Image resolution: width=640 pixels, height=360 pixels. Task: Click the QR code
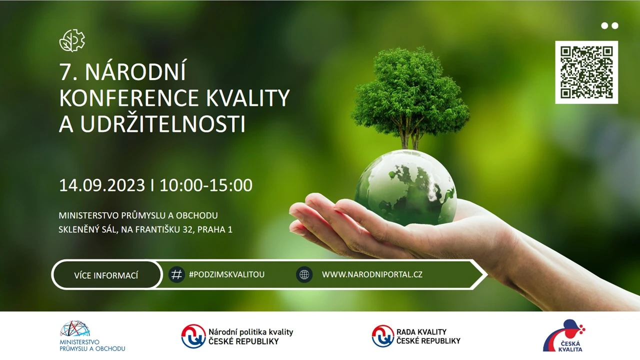coord(586,72)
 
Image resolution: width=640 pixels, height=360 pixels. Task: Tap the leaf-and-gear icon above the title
coord(72,40)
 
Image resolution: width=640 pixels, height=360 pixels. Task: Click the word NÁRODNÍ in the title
coord(135,72)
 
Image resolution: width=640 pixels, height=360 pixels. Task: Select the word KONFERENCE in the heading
coord(128,98)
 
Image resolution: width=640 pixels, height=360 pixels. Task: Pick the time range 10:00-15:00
coord(206,185)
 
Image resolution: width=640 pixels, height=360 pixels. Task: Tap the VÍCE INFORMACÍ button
coord(106,275)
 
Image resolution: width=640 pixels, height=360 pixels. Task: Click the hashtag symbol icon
coord(176,274)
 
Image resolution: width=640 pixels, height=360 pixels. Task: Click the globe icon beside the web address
coord(304,274)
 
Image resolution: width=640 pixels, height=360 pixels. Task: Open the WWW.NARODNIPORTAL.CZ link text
coord(372,274)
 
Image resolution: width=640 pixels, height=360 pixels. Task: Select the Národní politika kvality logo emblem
coord(193,336)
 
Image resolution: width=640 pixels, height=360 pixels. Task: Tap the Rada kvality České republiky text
coord(428,336)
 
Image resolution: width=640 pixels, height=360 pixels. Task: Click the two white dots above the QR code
coord(609,25)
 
